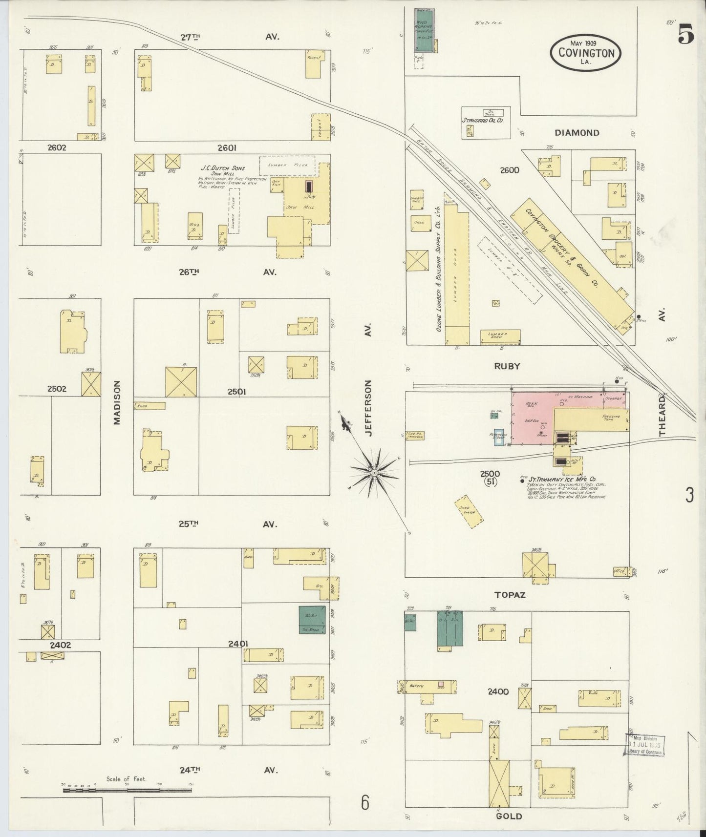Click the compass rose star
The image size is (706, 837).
[374, 473]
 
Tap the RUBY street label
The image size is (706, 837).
[507, 366]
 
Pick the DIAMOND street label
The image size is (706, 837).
[577, 132]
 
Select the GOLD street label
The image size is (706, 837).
[509, 816]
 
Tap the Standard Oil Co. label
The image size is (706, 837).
[483, 120]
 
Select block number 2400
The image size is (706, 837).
[498, 691]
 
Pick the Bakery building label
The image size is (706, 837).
[417, 686]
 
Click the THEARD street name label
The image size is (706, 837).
[662, 415]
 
